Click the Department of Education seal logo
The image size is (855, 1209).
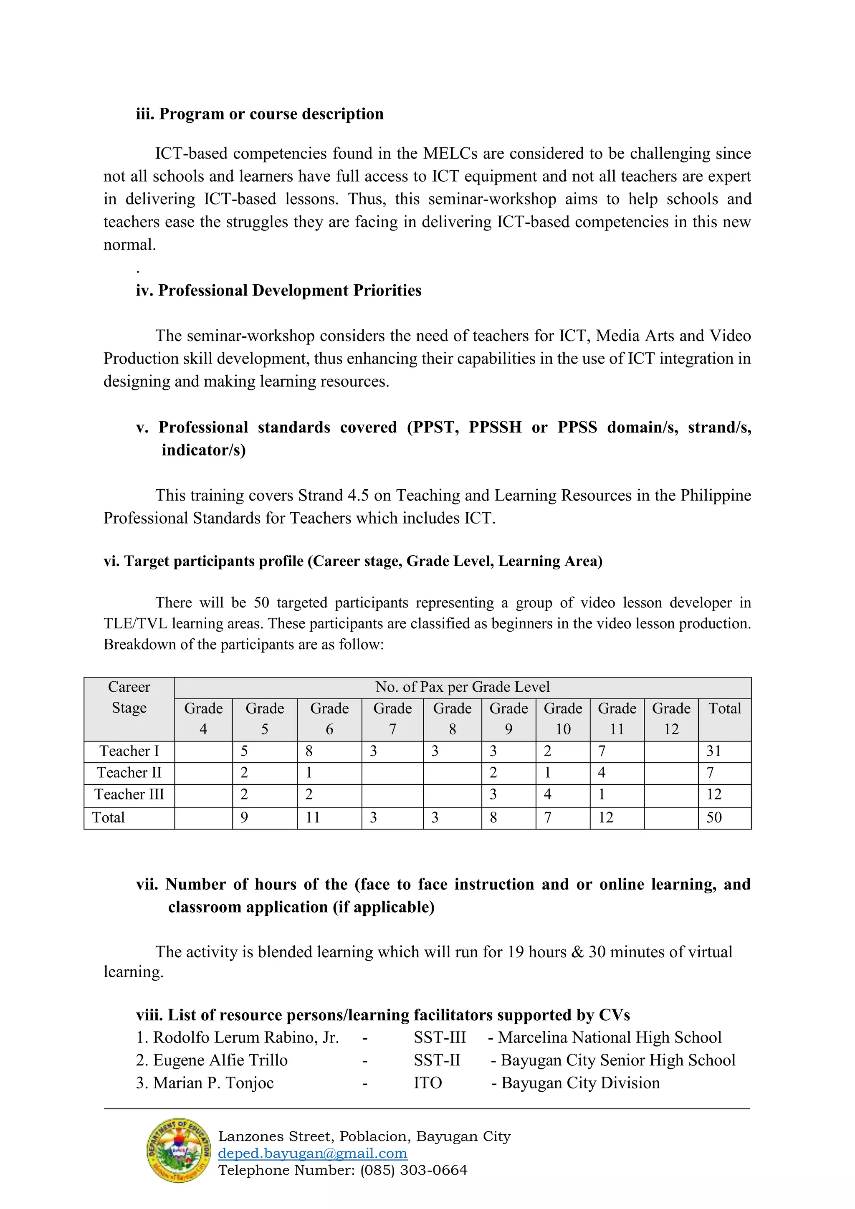(179, 1151)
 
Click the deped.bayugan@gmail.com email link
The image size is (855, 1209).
(312, 1153)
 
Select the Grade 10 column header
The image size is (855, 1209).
(562, 719)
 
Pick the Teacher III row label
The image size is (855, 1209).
(129, 794)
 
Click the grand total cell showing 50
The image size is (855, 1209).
(714, 817)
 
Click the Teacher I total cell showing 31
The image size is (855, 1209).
(713, 751)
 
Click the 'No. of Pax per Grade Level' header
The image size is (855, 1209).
(462, 687)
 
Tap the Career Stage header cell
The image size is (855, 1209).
(129, 698)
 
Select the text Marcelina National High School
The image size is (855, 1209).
(610, 1037)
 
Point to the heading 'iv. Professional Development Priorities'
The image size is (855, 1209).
(278, 290)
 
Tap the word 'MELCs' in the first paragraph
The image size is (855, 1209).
(450, 153)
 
